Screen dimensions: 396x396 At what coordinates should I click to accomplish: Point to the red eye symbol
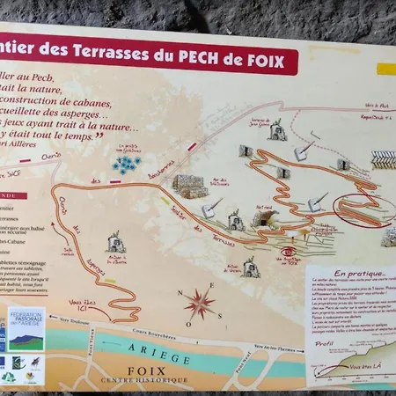(x=288, y=253)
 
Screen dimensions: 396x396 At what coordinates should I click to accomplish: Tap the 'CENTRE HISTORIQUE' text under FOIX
(x=144, y=380)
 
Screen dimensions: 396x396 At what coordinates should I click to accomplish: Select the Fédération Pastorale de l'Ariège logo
(x=26, y=328)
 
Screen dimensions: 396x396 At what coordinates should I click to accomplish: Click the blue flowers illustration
(x=127, y=163)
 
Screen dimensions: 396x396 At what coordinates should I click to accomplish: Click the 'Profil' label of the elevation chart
(x=325, y=344)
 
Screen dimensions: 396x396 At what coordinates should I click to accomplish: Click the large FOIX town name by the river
(x=146, y=370)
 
